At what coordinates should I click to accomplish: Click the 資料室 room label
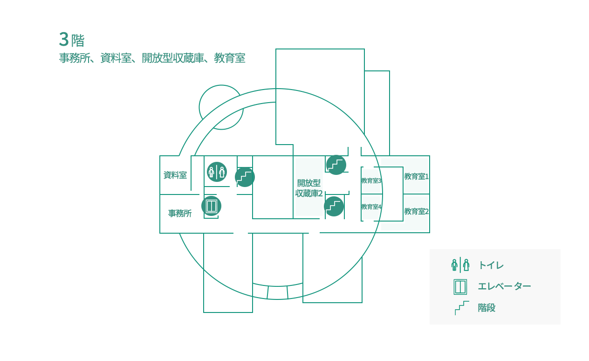[x=175, y=175]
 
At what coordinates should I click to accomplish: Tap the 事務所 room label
[x=180, y=213]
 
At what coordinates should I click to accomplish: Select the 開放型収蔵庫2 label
[x=309, y=188]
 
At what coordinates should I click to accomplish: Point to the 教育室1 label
[x=417, y=176]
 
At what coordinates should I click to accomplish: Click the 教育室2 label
[x=417, y=211]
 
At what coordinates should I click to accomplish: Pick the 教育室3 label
[x=371, y=180]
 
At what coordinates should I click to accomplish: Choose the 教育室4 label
[x=371, y=207]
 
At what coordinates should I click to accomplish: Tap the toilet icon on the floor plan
[x=217, y=172]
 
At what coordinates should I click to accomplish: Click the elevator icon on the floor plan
[x=211, y=206]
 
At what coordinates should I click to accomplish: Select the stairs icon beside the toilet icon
[x=245, y=177]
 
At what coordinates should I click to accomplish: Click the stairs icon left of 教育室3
[x=336, y=165]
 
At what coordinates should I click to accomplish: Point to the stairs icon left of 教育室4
[x=334, y=206]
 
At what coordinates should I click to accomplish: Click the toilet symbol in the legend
[x=460, y=265]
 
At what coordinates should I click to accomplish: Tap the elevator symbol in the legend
[x=460, y=287]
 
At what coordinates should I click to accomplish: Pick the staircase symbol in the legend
[x=462, y=308]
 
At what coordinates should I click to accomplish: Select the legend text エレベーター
[x=504, y=286]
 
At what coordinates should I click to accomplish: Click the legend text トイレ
[x=491, y=265]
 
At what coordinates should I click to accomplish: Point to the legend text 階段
[x=486, y=307]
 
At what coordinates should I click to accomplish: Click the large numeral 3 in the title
[x=64, y=39]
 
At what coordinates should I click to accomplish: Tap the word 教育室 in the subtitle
[x=230, y=58]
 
